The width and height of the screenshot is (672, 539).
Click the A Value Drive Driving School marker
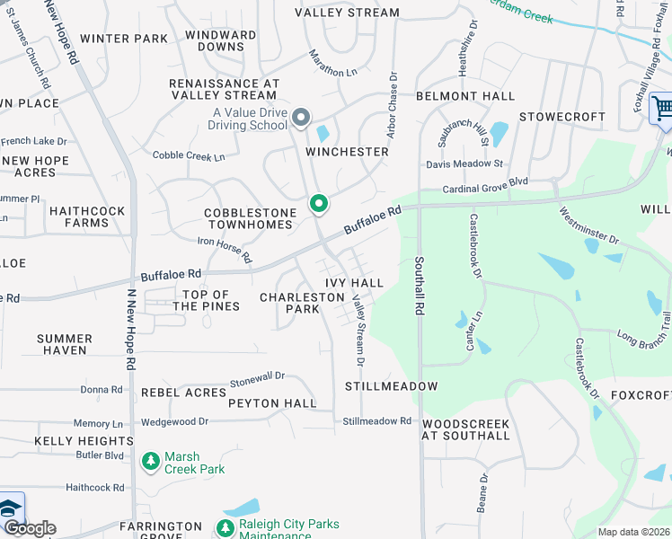(302, 118)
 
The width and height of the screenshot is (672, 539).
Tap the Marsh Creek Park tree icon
(151, 462)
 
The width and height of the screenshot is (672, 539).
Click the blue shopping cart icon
(662, 109)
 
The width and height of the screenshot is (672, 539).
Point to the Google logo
(29, 528)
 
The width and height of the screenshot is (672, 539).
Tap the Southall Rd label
(419, 286)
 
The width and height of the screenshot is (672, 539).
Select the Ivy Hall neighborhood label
(355, 283)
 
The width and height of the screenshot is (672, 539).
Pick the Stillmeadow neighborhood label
(391, 386)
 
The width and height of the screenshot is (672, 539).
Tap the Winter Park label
(124, 39)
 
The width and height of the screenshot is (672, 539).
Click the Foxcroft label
(641, 394)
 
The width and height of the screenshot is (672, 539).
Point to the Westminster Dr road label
(588, 227)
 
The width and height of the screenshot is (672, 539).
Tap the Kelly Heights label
(84, 441)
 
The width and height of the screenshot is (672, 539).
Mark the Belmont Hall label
(464, 96)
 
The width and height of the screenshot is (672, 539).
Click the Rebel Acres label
(183, 393)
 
